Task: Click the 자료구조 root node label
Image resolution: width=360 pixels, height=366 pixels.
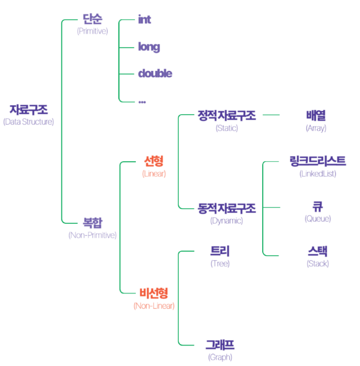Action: pos(29,109)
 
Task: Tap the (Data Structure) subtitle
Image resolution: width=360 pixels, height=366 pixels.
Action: pos(29,122)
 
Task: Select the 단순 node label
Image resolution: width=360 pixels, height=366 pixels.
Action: pos(92,19)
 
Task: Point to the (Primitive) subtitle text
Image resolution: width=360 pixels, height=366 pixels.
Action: pos(92,31)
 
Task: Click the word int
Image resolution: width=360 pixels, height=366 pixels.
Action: pos(144,20)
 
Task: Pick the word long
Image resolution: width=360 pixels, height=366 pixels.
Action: pos(149,47)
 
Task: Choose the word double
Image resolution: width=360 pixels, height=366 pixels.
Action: pos(155,73)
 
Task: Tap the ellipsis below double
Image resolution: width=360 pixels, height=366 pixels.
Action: pos(142,101)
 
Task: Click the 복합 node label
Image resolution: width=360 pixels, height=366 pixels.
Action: pos(92,223)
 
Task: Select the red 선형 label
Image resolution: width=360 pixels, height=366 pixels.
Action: pos(154,161)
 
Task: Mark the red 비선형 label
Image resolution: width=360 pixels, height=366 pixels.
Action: pos(154,293)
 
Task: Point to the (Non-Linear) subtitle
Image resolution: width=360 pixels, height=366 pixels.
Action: pos(154,306)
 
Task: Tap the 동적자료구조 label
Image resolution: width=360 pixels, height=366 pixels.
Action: pos(227,209)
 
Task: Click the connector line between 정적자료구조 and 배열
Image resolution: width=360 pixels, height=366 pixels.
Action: pos(271,115)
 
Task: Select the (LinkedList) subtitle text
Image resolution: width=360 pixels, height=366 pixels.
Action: pos(317,174)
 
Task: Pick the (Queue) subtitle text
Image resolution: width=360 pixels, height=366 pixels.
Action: pos(317,219)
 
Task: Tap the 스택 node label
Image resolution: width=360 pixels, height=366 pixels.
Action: pos(317,251)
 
